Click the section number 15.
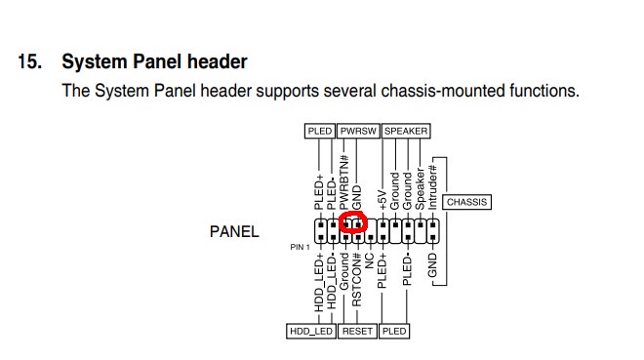tap(30, 62)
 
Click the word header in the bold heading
tap(218, 61)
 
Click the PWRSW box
tap(358, 131)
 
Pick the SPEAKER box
tap(406, 131)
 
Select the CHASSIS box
tap(466, 202)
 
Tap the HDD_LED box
tap(311, 332)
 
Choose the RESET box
tap(357, 332)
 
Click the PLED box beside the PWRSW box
tap(319, 131)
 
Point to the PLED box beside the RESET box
tap(394, 332)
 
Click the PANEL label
tap(234, 231)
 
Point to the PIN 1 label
tap(300, 247)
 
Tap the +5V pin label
tap(382, 200)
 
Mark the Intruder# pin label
tap(432, 187)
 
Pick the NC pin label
tap(369, 260)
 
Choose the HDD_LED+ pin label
tap(319, 282)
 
